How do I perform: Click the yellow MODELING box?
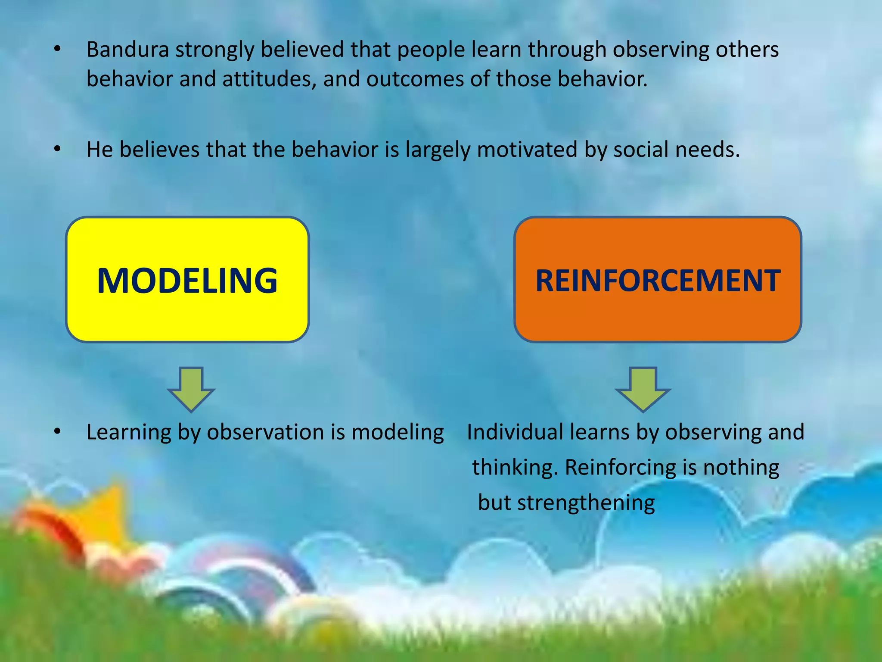(x=187, y=280)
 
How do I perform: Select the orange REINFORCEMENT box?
(x=658, y=280)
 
